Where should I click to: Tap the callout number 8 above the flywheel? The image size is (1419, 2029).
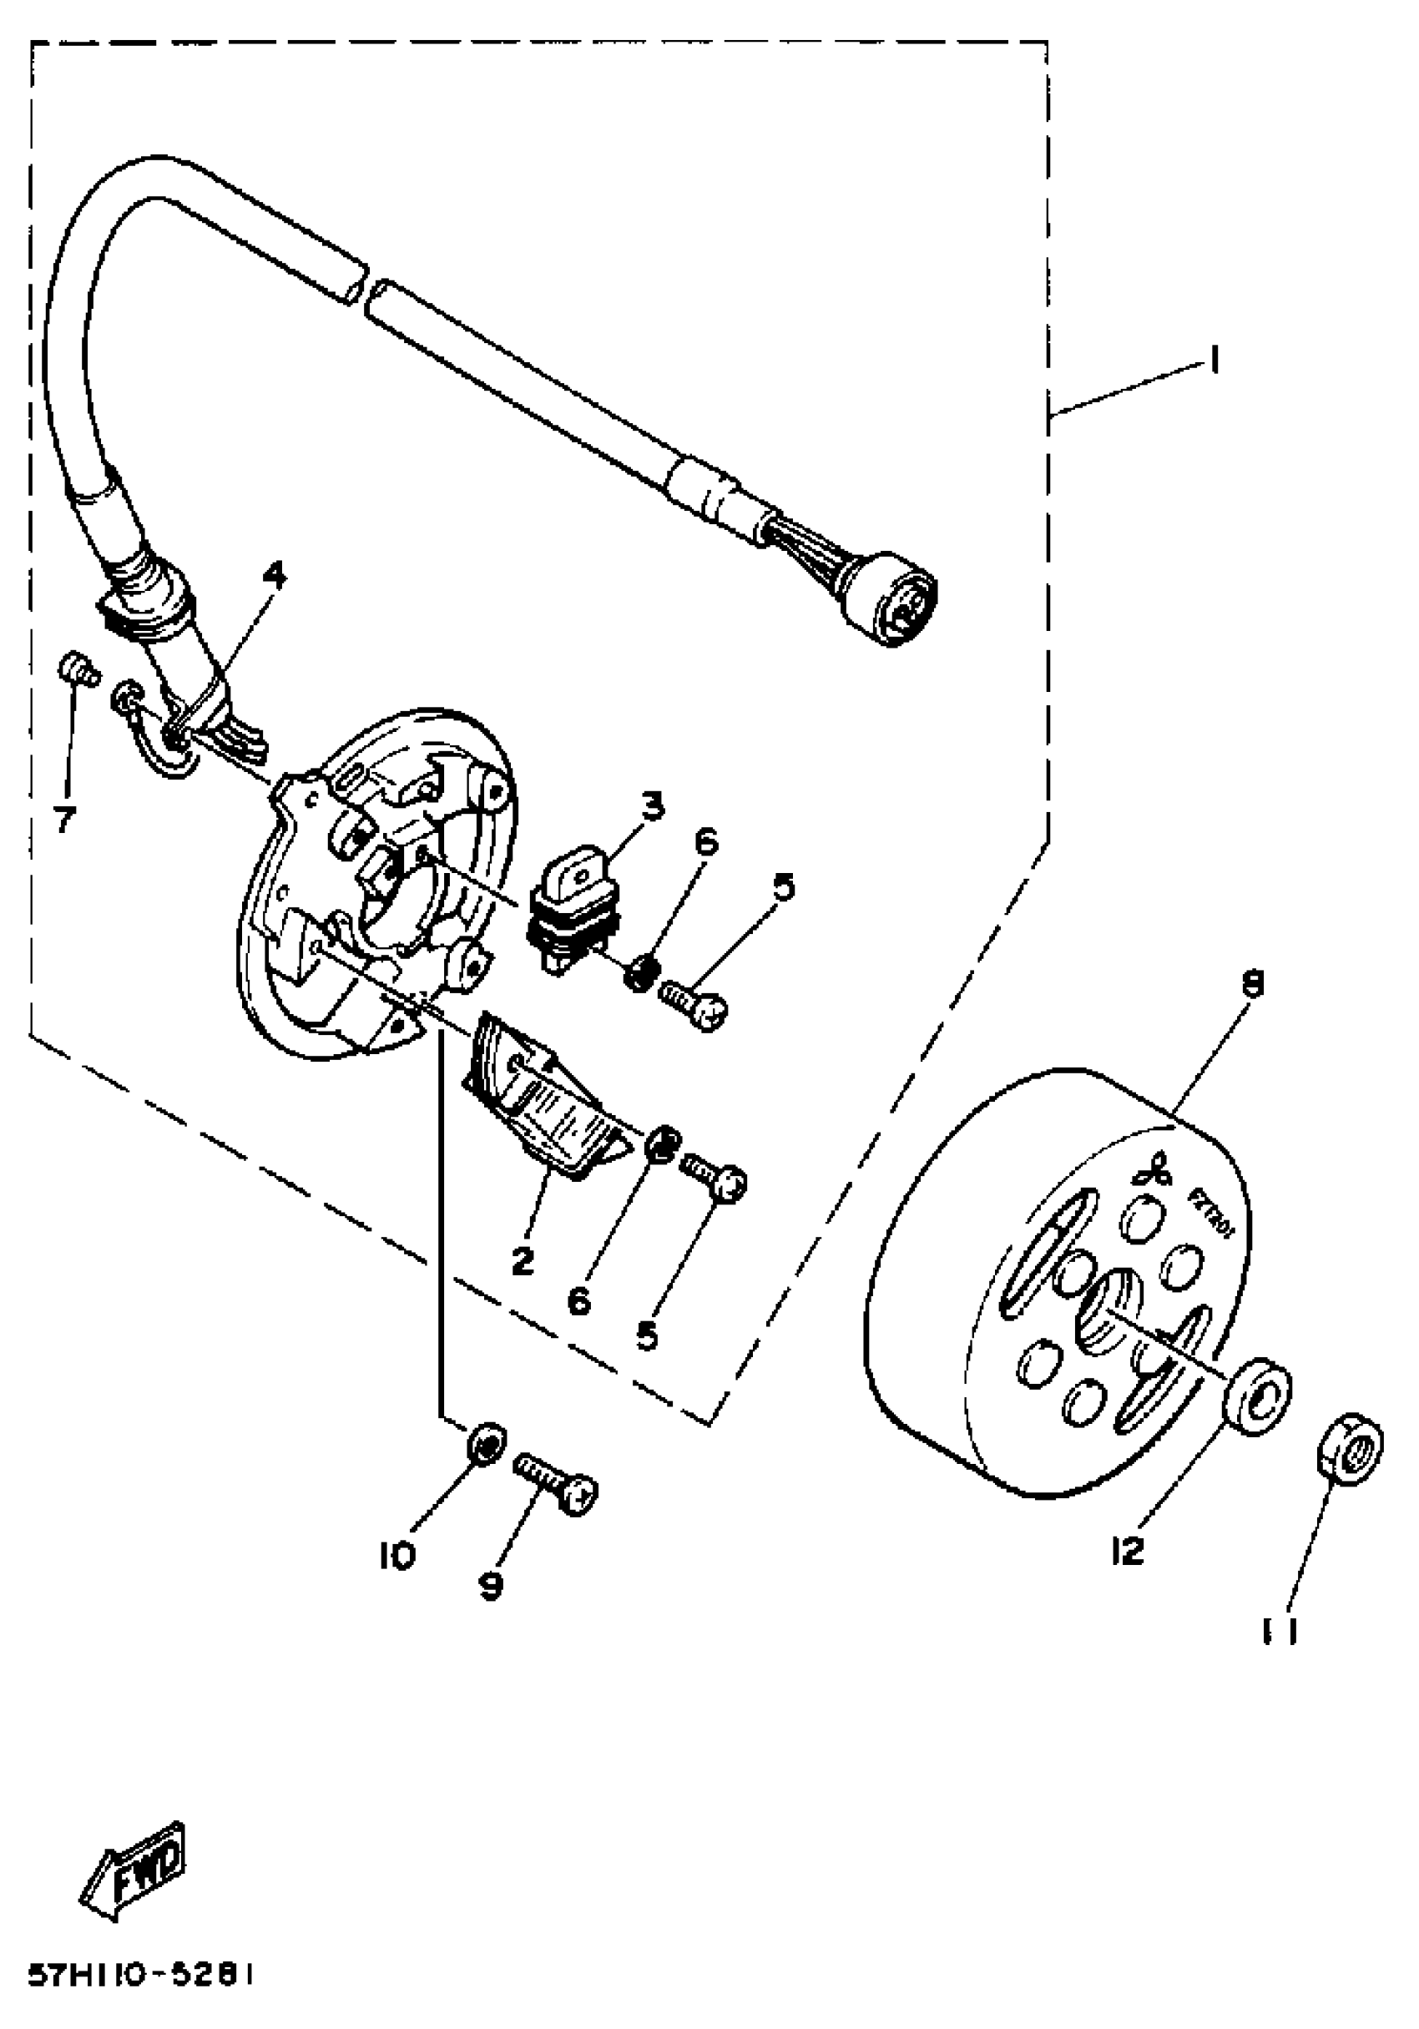click(1252, 983)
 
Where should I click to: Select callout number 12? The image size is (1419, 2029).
click(1129, 1550)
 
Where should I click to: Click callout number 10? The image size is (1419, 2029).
click(396, 1555)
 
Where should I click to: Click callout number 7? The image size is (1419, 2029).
click(64, 820)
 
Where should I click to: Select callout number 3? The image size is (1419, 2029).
click(652, 806)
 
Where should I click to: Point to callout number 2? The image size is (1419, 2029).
click(523, 1261)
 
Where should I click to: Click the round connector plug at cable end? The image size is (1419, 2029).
click(891, 601)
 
